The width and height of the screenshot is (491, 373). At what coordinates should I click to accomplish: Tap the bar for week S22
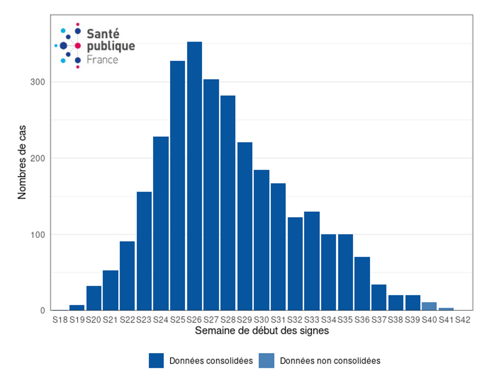click(127, 276)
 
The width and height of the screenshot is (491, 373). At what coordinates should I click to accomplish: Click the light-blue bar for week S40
click(429, 307)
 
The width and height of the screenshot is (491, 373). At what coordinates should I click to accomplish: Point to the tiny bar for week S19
click(77, 308)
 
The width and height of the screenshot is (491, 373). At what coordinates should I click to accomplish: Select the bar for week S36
click(362, 283)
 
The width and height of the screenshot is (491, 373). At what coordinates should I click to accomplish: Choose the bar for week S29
click(245, 226)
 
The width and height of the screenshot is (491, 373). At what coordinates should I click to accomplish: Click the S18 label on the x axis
click(60, 320)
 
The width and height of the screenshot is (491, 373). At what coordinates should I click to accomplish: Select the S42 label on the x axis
click(462, 320)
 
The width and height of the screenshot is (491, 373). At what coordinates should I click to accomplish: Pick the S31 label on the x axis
click(278, 320)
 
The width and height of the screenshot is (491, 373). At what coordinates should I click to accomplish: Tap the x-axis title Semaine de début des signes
click(262, 331)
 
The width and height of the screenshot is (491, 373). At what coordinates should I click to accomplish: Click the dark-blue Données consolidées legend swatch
click(156, 361)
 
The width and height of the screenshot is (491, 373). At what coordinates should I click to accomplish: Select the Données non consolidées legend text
click(330, 361)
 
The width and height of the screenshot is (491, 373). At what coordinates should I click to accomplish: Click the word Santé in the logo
click(103, 34)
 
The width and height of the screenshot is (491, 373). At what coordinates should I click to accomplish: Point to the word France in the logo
click(102, 60)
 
